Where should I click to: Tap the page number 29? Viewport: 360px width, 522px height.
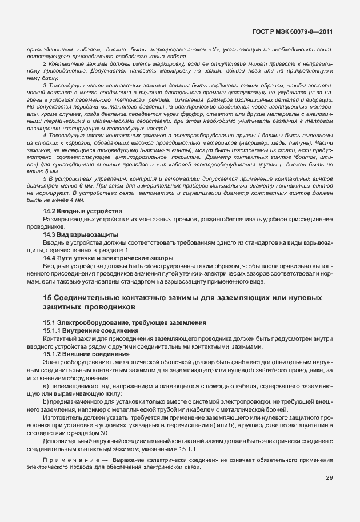pos(329,478)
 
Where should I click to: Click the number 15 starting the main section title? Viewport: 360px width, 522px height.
pos(48,298)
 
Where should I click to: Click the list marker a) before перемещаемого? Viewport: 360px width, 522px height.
pos(46,386)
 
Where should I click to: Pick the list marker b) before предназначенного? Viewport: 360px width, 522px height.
pos(46,403)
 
